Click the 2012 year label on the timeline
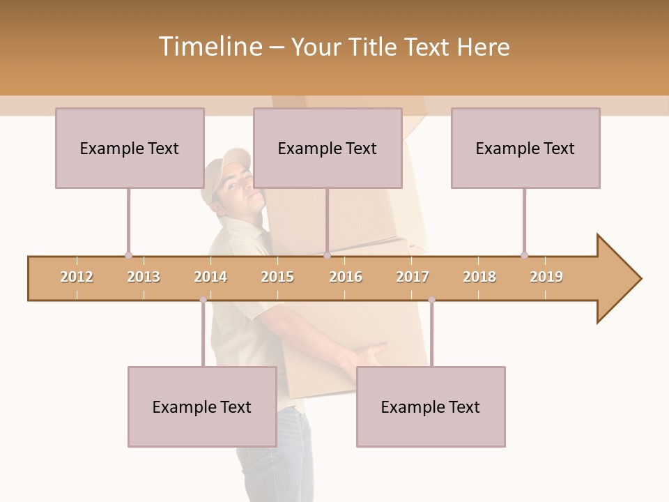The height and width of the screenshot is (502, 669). [x=77, y=277]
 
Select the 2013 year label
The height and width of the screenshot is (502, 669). [x=144, y=277]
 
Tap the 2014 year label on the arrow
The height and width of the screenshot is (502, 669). [x=210, y=277]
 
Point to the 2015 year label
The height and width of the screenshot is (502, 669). [x=277, y=277]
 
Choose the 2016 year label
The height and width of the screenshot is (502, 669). [x=346, y=277]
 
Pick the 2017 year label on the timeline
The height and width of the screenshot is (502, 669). [x=413, y=277]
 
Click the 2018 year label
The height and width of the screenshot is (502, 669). [x=479, y=277]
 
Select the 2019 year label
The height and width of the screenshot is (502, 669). [x=546, y=277]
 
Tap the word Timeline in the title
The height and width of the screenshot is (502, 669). [x=209, y=47]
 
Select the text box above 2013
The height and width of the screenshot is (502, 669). [x=130, y=148]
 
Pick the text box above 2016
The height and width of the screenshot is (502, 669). [x=328, y=148]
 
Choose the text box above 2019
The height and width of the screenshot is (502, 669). [x=525, y=148]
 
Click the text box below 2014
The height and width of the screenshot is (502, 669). [x=202, y=406]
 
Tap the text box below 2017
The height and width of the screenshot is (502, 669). [x=431, y=406]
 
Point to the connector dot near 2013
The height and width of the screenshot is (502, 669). [x=128, y=256]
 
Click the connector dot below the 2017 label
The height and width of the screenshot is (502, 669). [x=431, y=300]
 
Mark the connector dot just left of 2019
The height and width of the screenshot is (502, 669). [x=524, y=255]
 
